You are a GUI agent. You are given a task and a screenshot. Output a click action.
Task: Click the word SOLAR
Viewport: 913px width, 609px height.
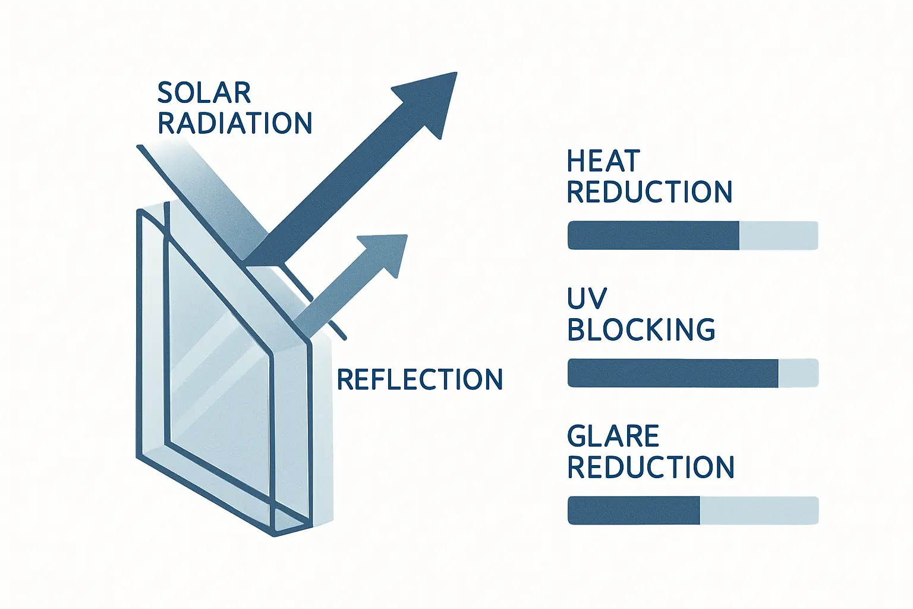pyautogui.click(x=204, y=93)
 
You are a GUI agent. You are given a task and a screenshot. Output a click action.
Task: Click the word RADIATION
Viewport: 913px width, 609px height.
pyautogui.click(x=235, y=123)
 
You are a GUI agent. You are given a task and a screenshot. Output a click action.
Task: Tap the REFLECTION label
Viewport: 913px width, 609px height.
pyautogui.click(x=420, y=379)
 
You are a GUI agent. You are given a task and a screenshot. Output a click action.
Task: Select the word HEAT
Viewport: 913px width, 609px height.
pyautogui.click(x=603, y=161)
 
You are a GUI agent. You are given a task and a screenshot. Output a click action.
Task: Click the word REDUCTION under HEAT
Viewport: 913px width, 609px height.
pyautogui.click(x=649, y=192)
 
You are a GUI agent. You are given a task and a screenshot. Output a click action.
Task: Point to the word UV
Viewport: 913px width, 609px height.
pyautogui.click(x=587, y=299)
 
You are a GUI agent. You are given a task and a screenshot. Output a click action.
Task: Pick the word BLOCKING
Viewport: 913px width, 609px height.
pyautogui.click(x=641, y=329)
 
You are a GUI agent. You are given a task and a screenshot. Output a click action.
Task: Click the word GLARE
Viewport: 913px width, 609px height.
pyautogui.click(x=613, y=437)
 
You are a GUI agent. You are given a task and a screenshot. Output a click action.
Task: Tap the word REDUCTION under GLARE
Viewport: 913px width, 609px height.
pyautogui.click(x=651, y=467)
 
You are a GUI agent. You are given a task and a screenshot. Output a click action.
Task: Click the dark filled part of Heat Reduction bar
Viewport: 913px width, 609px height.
pyautogui.click(x=653, y=236)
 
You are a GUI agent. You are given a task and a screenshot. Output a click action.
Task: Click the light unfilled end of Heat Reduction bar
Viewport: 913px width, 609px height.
pyautogui.click(x=779, y=236)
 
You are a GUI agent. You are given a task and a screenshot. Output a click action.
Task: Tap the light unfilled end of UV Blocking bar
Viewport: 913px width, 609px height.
pyautogui.click(x=798, y=373)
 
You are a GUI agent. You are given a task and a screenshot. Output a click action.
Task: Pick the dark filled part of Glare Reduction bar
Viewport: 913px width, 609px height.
pyautogui.click(x=634, y=511)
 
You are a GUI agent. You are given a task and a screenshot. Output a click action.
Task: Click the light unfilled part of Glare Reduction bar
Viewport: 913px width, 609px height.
pyautogui.click(x=759, y=511)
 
